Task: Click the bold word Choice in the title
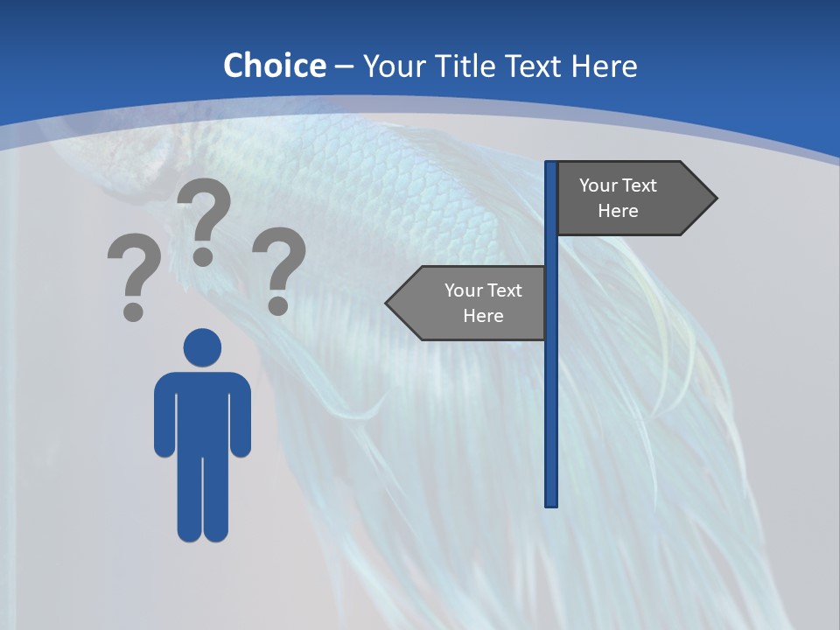(x=274, y=66)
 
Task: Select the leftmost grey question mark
(x=134, y=276)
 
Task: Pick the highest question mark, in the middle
(x=204, y=219)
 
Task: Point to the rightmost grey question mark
(x=279, y=269)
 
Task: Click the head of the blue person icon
(x=202, y=347)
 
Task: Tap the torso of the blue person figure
(x=202, y=411)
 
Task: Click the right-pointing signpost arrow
(x=630, y=198)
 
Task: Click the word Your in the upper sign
(x=598, y=185)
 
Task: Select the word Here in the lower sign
(x=483, y=316)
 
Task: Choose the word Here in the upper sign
(x=618, y=211)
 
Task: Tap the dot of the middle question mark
(x=203, y=255)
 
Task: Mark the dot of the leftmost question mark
(x=133, y=311)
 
